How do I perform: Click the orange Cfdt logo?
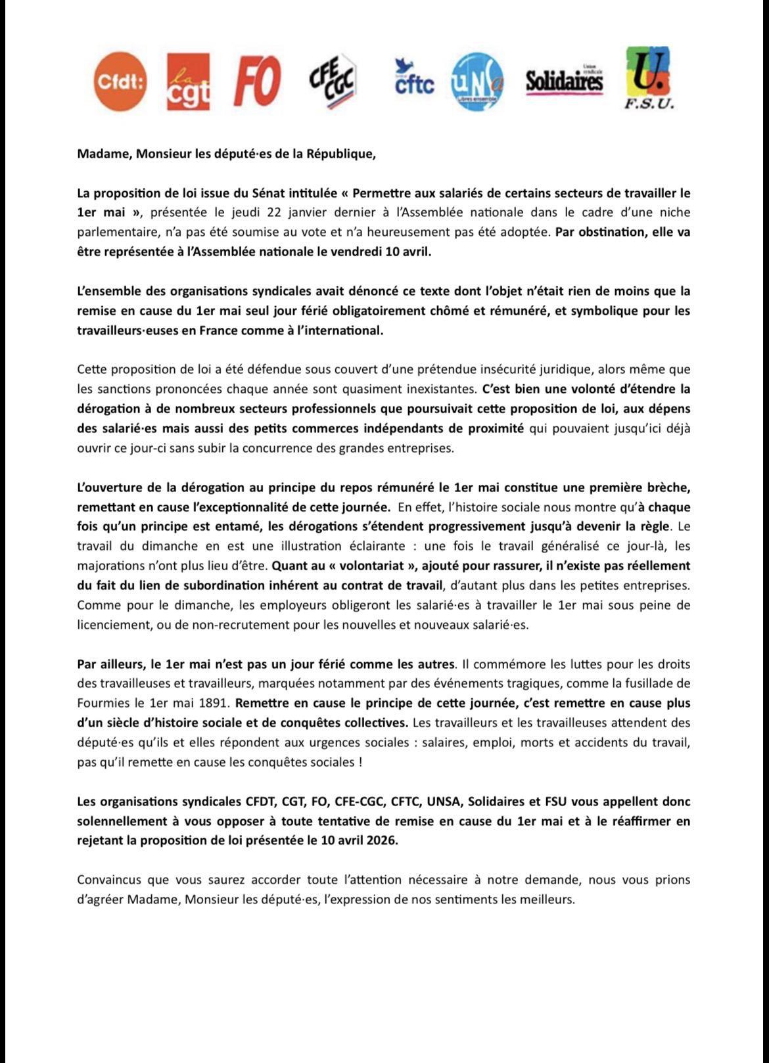coord(120,81)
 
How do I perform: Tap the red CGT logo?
coord(189,81)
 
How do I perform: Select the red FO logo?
coord(258,81)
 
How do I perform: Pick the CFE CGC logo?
coord(333,81)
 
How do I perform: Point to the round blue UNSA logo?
coord(477,81)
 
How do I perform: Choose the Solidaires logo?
coord(564,81)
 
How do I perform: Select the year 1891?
coord(210,702)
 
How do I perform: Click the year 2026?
coord(382,840)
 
